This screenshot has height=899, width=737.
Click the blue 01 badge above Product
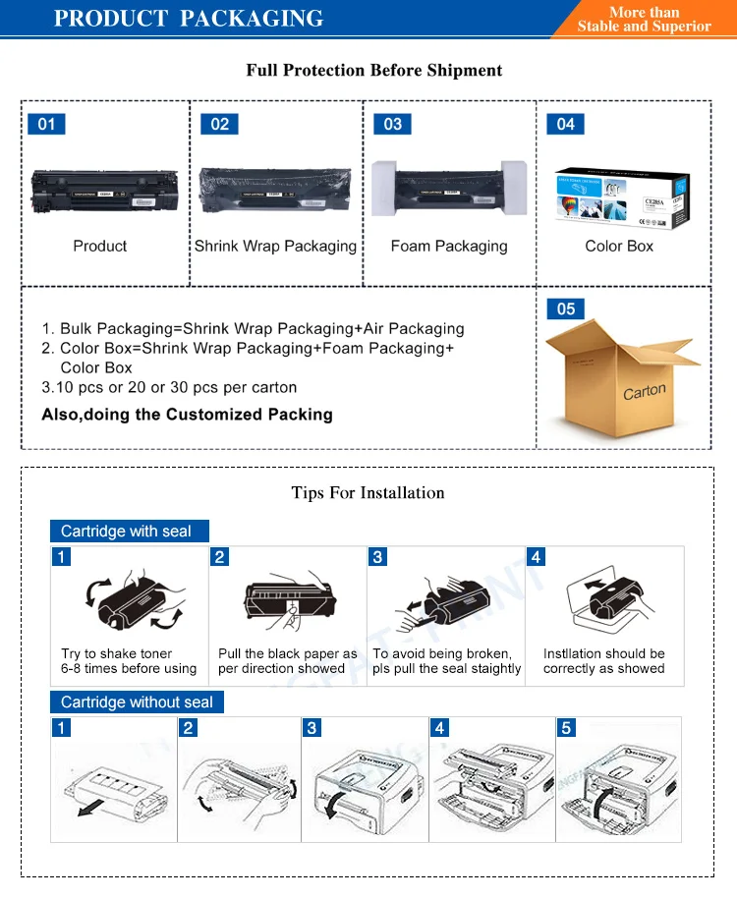tap(46, 124)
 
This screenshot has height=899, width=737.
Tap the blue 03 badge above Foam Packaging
tap(393, 124)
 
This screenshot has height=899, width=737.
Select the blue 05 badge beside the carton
tap(566, 309)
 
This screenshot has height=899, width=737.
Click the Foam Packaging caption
tap(449, 246)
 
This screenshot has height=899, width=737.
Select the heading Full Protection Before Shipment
tap(373, 71)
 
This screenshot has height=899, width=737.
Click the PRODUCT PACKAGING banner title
tap(188, 19)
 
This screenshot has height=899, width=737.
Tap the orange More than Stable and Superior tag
tap(644, 19)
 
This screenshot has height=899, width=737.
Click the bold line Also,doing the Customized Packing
tap(187, 414)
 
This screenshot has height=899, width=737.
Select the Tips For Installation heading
tap(368, 492)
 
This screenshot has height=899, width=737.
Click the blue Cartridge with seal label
tap(129, 532)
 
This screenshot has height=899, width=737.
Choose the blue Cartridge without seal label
tap(137, 702)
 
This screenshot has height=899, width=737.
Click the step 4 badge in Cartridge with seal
tap(537, 557)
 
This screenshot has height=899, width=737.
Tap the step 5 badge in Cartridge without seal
tap(566, 728)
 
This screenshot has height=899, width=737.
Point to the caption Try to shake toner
tap(116, 653)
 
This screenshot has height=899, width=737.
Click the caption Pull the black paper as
tap(288, 653)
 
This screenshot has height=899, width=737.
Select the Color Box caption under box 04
tap(619, 246)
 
